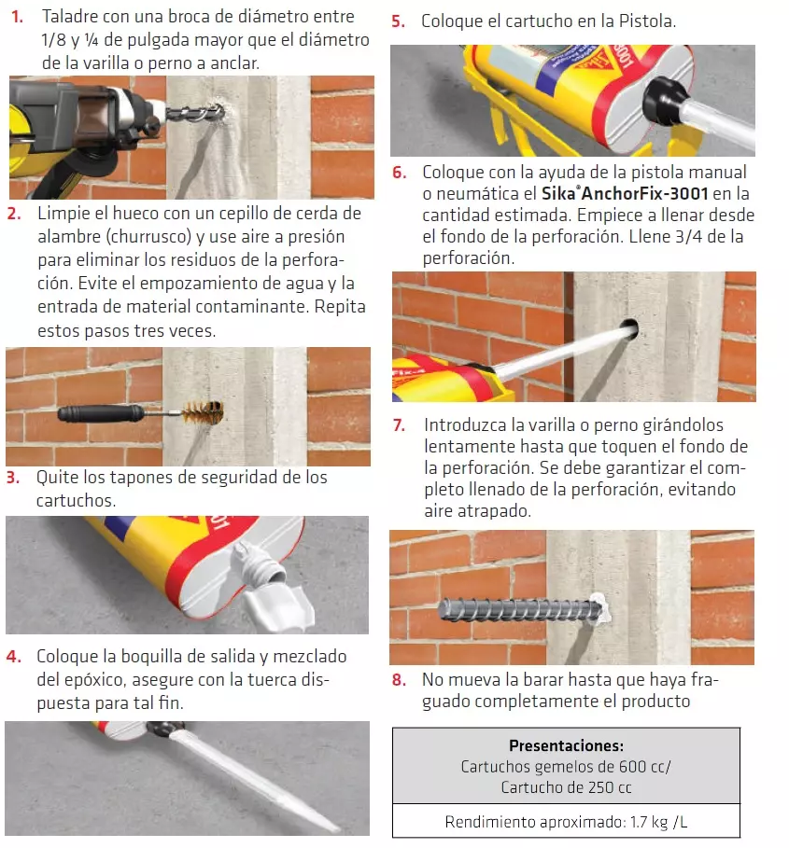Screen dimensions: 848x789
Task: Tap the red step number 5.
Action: (399, 21)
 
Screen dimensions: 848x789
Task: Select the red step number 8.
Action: (399, 679)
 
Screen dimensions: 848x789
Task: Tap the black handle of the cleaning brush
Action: (100, 413)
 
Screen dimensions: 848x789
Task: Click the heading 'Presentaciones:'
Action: (566, 745)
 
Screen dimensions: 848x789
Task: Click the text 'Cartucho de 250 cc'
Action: (566, 787)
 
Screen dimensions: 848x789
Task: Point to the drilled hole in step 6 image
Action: (630, 327)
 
